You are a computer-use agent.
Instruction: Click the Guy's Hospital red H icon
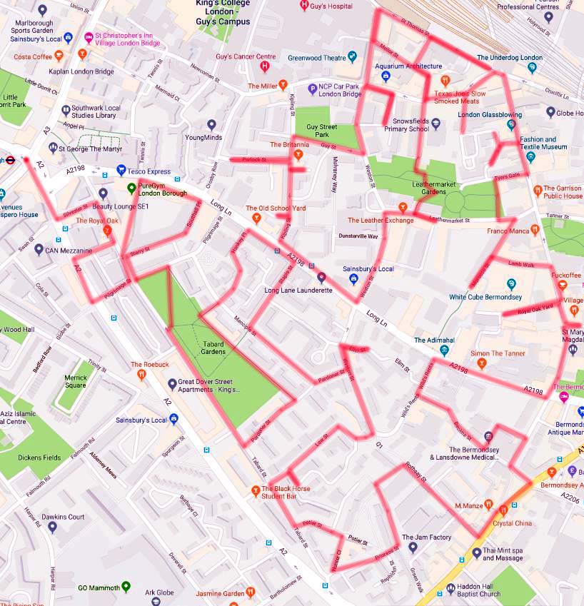click(305, 6)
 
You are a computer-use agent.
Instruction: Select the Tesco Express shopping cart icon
click(121, 171)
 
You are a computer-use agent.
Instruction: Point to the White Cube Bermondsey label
click(485, 297)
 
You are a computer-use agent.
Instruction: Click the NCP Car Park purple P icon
click(311, 89)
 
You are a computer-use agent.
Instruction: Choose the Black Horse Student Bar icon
click(256, 490)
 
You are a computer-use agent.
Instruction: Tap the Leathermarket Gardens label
click(428, 188)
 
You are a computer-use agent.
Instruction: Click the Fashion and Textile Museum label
click(538, 143)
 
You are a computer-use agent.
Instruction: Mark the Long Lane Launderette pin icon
click(321, 277)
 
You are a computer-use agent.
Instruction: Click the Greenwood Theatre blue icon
click(352, 58)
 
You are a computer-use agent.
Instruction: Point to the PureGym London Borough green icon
click(131, 188)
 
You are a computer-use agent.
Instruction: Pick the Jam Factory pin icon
click(412, 547)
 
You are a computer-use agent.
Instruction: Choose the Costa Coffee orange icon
click(59, 56)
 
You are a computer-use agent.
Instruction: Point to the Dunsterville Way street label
click(358, 236)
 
